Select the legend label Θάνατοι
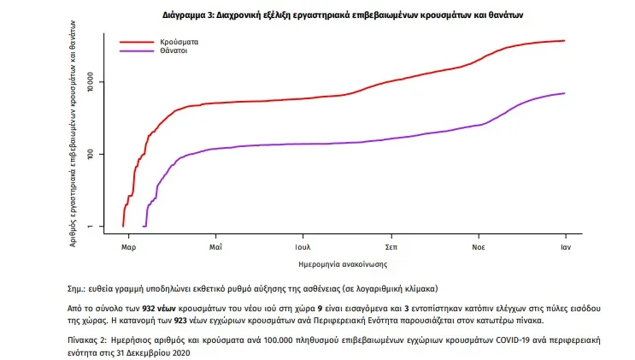[x=173, y=51]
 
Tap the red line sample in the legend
[x=136, y=41]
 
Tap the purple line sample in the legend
[x=136, y=51]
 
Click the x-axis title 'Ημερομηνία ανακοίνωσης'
[x=338, y=263]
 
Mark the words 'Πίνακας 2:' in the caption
[x=86, y=340]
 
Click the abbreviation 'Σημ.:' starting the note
[x=76, y=290]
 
